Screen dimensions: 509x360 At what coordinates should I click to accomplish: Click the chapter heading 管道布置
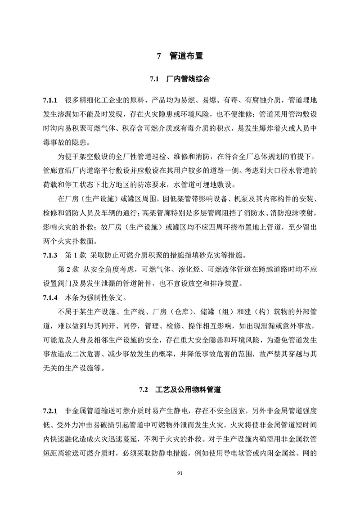(x=186, y=57)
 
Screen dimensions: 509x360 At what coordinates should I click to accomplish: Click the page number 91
(x=180, y=473)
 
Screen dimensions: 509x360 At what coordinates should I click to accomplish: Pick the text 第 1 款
(x=76, y=256)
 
